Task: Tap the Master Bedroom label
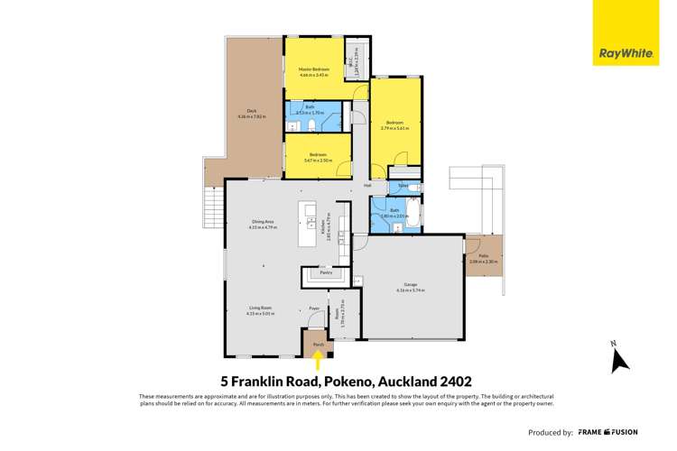pos(314,69)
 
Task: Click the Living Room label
pos(262,309)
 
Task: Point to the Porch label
pos(318,344)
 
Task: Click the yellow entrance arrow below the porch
pos(318,361)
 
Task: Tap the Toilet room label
pos(403,188)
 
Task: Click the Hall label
pos(367,186)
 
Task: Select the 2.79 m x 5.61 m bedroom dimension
pos(395,128)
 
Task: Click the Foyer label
pos(315,308)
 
